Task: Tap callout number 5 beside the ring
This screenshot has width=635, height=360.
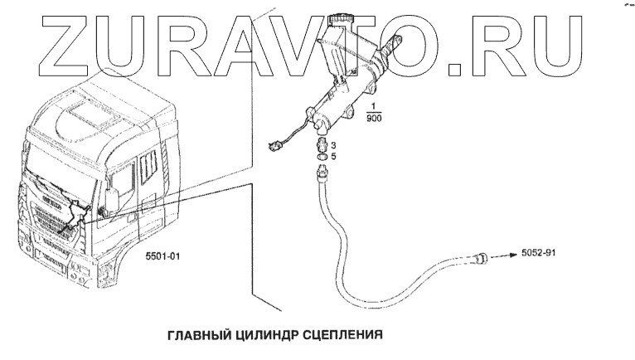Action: pos(333,155)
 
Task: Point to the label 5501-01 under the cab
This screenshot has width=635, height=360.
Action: pos(162,258)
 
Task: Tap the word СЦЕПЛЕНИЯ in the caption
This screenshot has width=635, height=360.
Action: pos(341,335)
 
